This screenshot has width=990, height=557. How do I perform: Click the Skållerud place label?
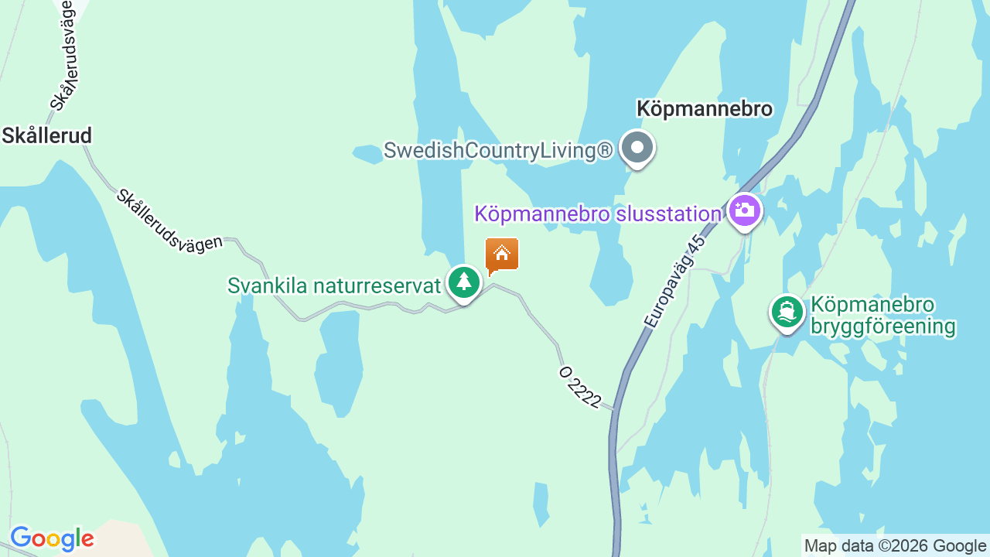coord(46,136)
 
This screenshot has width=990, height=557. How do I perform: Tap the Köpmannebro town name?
coord(704,109)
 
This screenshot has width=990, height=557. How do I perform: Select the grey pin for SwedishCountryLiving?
coord(637,147)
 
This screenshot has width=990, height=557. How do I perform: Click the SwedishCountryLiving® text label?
coord(498,151)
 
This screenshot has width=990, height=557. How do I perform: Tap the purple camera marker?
coord(745,210)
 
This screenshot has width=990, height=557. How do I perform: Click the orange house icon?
coord(501,255)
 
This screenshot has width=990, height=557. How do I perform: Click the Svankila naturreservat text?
coord(333,285)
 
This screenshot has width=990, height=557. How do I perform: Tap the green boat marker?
coord(787,312)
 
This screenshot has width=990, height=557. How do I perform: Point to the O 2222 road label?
coord(580,387)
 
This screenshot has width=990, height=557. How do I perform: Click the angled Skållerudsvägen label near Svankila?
coord(169,219)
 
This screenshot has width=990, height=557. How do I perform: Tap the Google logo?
coord(52,538)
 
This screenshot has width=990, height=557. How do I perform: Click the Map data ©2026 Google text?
coord(895,546)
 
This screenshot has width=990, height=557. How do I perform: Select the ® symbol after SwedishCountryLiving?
coord(606,150)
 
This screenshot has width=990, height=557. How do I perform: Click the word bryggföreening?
coord(883,326)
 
